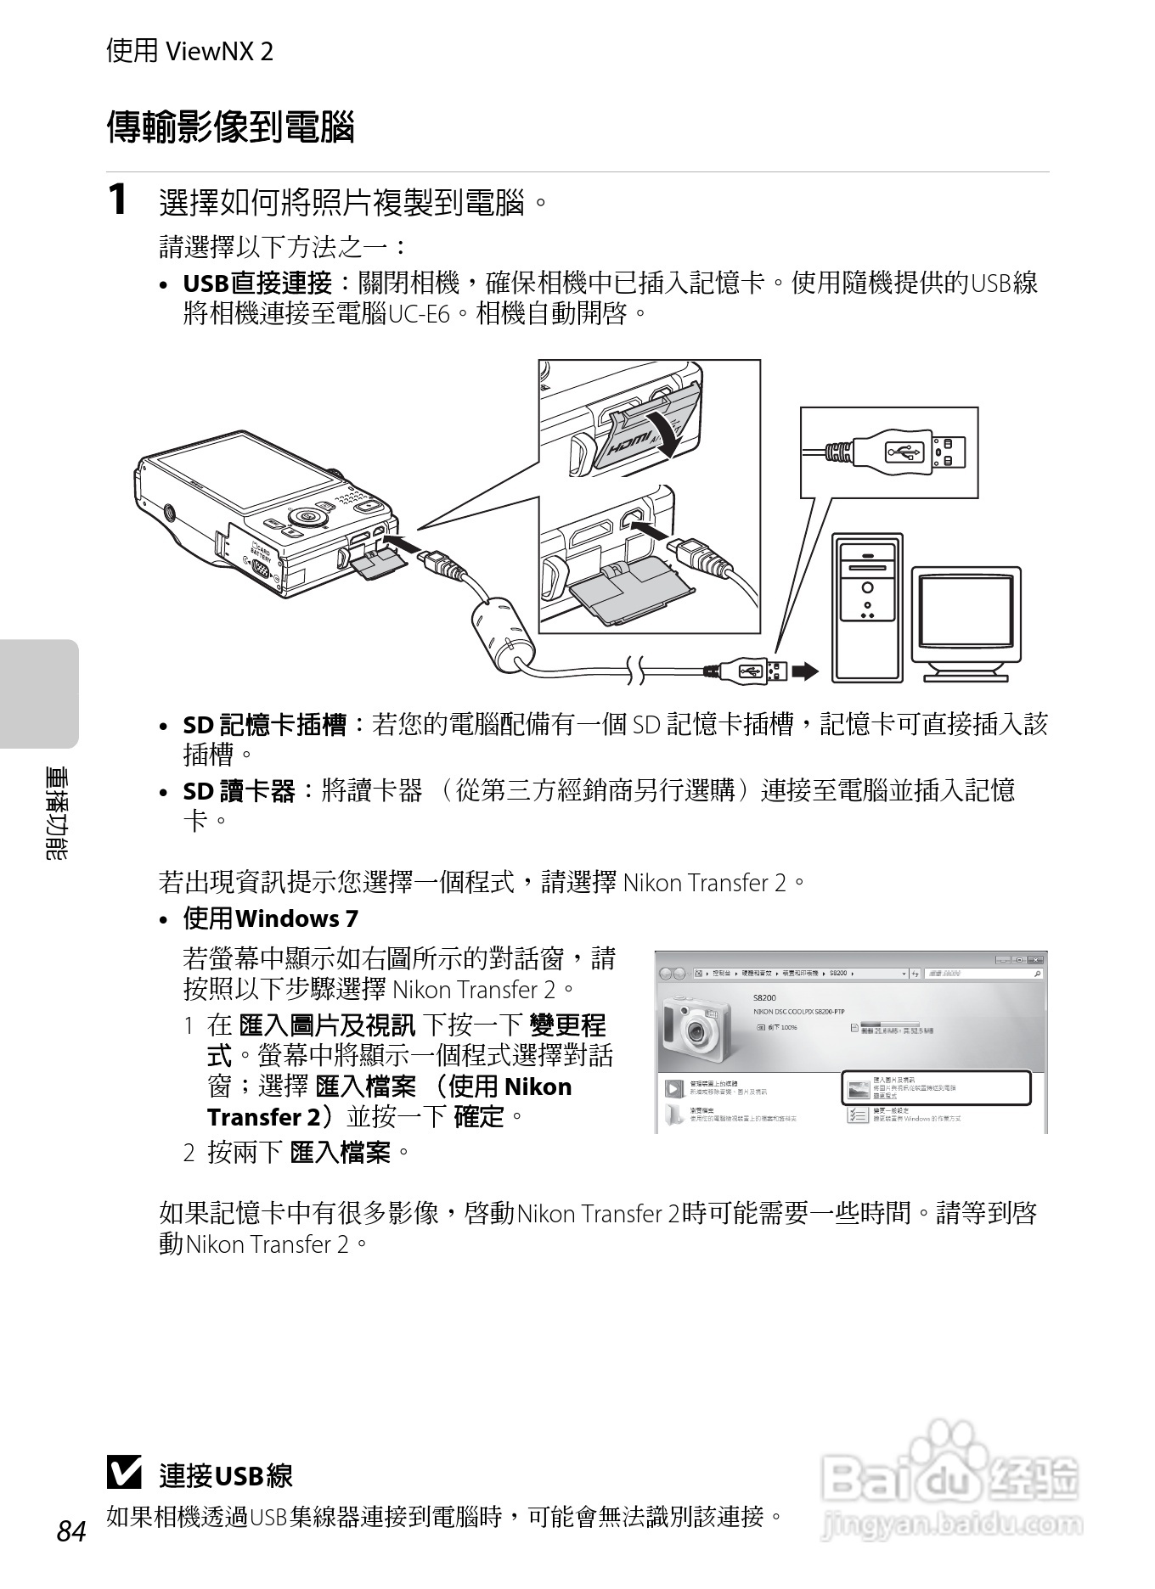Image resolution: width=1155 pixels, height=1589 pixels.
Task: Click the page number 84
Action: pos(71,1531)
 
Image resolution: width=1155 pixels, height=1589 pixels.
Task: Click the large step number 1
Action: pos(118,200)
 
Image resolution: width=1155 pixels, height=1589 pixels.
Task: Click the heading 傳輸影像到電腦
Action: pos(230,127)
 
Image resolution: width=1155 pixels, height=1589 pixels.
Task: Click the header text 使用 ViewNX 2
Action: pos(189,52)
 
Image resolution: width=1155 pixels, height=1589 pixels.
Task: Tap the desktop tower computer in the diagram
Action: pos(867,607)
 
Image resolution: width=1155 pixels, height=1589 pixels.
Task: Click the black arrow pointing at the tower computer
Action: pos(804,672)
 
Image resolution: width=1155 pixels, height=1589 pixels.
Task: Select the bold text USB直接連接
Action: pos(257,284)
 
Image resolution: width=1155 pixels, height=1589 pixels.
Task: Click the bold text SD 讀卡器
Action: pos(239,792)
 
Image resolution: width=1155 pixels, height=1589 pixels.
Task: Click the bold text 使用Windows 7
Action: pos(270,918)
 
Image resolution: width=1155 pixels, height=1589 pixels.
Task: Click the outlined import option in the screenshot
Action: pos(935,1087)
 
